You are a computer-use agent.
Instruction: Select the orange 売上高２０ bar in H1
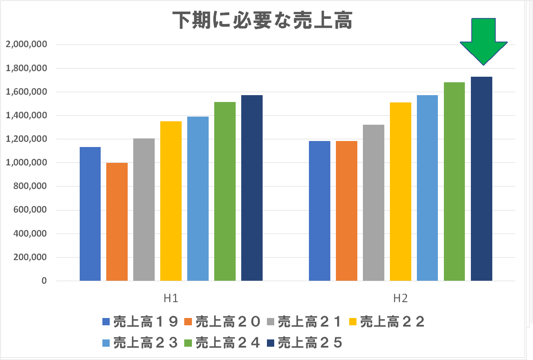pyautogui.click(x=117, y=222)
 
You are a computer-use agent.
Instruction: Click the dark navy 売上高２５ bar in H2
pyautogui.click(x=481, y=179)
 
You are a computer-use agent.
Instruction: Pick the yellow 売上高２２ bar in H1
pyautogui.click(x=171, y=201)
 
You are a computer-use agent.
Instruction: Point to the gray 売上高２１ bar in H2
pyautogui.click(x=373, y=203)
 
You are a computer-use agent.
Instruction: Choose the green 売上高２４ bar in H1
pyautogui.click(x=225, y=191)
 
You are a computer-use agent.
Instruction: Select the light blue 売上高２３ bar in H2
pyautogui.click(x=427, y=188)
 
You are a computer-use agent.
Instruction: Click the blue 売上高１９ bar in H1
pyautogui.click(x=90, y=214)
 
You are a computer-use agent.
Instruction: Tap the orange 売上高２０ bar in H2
pyautogui.click(x=346, y=211)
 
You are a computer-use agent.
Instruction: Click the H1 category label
pyautogui.click(x=171, y=298)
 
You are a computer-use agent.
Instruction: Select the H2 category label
pyautogui.click(x=400, y=298)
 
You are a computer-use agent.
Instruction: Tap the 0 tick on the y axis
pyautogui.click(x=44, y=281)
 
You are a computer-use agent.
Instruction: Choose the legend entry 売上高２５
pyautogui.click(x=305, y=343)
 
